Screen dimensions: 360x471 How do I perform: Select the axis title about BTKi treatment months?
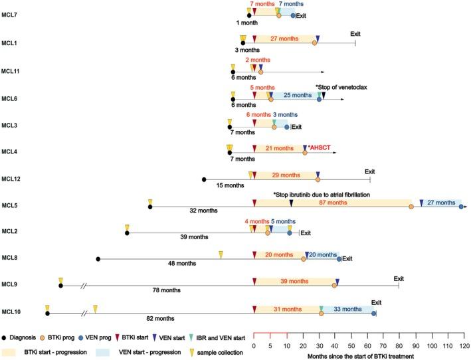coord(360,357)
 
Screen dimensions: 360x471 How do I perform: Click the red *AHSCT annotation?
coord(320,147)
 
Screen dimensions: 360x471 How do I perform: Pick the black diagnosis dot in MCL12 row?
coord(204,179)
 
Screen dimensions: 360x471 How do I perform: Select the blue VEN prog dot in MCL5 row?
coord(461,207)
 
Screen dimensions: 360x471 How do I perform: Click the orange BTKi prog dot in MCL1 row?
coord(314,43)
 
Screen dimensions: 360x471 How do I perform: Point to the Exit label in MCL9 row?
coord(399,278)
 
